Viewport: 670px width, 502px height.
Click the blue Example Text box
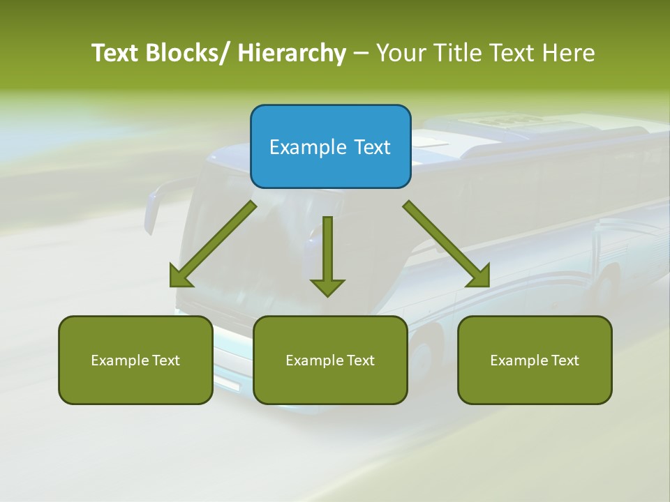330,146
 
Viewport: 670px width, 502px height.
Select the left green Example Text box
135,360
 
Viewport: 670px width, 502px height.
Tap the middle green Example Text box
330,360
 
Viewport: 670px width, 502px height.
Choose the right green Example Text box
535,360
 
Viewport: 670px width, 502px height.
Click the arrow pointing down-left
214,244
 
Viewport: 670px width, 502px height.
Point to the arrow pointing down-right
445,243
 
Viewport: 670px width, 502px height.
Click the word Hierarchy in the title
292,53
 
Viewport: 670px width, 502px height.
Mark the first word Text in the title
115,53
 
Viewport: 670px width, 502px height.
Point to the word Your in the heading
400,53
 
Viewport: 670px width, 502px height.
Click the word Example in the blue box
307,147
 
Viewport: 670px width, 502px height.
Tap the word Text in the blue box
372,147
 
